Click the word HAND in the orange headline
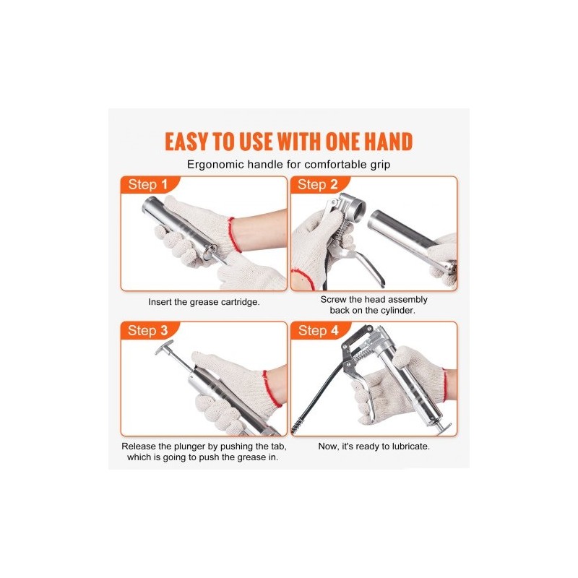389,142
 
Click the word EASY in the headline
187,142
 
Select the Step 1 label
148,185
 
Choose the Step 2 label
317,185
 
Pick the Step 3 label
147,331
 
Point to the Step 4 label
318,331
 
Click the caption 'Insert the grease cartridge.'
204,302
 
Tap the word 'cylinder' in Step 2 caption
397,311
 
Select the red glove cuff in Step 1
234,235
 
